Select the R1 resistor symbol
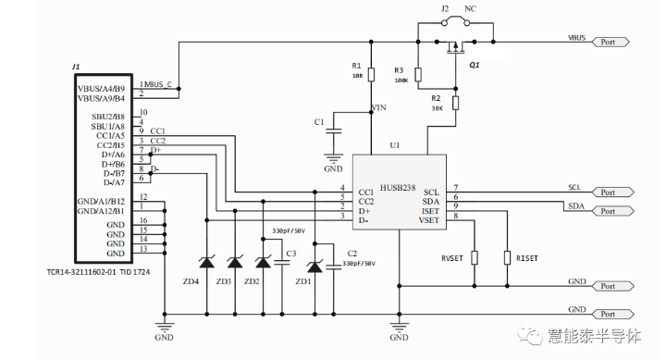point(371,75)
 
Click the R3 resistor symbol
point(418,75)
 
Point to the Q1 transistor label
point(475,66)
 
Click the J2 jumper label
point(444,7)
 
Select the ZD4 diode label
point(191,280)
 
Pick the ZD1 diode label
point(303,280)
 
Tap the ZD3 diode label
point(224,280)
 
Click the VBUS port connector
point(611,42)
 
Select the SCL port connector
point(611,192)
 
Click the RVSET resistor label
point(453,258)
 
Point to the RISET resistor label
point(527,258)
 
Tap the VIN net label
point(379,108)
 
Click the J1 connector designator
point(76,68)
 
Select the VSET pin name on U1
point(429,220)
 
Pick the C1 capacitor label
point(319,121)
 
